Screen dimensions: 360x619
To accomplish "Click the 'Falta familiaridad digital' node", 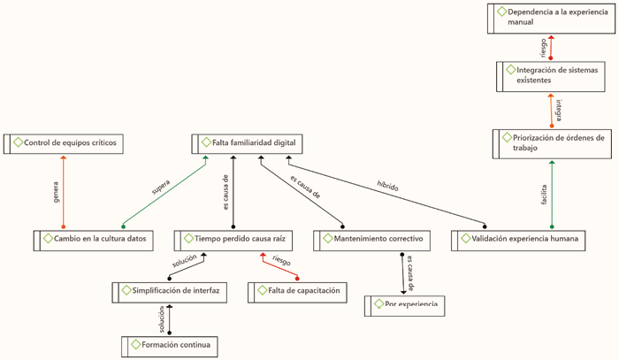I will pos(248,143).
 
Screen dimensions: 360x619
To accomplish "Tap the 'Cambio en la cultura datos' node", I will pos(93,240).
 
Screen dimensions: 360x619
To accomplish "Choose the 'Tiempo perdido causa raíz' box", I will pos(232,239).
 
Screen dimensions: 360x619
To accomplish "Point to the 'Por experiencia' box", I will pos(405,305).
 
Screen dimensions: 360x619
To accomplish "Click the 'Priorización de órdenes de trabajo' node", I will pos(550,142).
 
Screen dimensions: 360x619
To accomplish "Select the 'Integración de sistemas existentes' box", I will pos(551,74).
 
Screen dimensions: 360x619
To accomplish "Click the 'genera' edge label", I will pos(56,194).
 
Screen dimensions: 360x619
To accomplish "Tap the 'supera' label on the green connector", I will pos(160,188).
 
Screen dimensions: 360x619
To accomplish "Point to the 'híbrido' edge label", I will pos(387,187).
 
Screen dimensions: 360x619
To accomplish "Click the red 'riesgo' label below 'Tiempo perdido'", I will pos(281,262).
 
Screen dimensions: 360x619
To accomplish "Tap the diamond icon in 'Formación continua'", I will pos(135,344).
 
